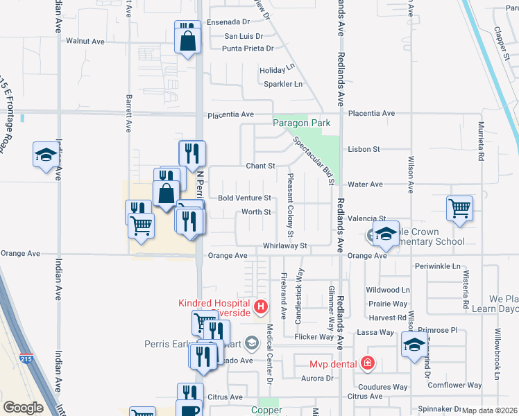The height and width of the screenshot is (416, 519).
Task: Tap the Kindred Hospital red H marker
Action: pos(261,306)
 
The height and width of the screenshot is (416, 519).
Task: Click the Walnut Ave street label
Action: pos(84,41)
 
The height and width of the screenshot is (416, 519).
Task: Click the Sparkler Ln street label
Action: pos(283,84)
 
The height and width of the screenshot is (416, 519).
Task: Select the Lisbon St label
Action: pos(364,149)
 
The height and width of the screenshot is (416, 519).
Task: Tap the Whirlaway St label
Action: pos(284,245)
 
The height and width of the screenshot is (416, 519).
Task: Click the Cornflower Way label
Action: pos(454,385)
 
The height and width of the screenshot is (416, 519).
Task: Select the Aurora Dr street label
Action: pos(318,378)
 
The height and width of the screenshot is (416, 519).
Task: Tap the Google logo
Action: pos(23,407)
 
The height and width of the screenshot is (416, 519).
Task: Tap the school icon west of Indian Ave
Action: pos(46,154)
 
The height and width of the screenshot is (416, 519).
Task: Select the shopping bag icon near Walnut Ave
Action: pos(187,41)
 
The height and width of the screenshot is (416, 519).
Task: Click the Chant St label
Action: pos(261,166)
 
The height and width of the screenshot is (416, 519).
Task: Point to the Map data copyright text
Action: pos(490,410)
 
